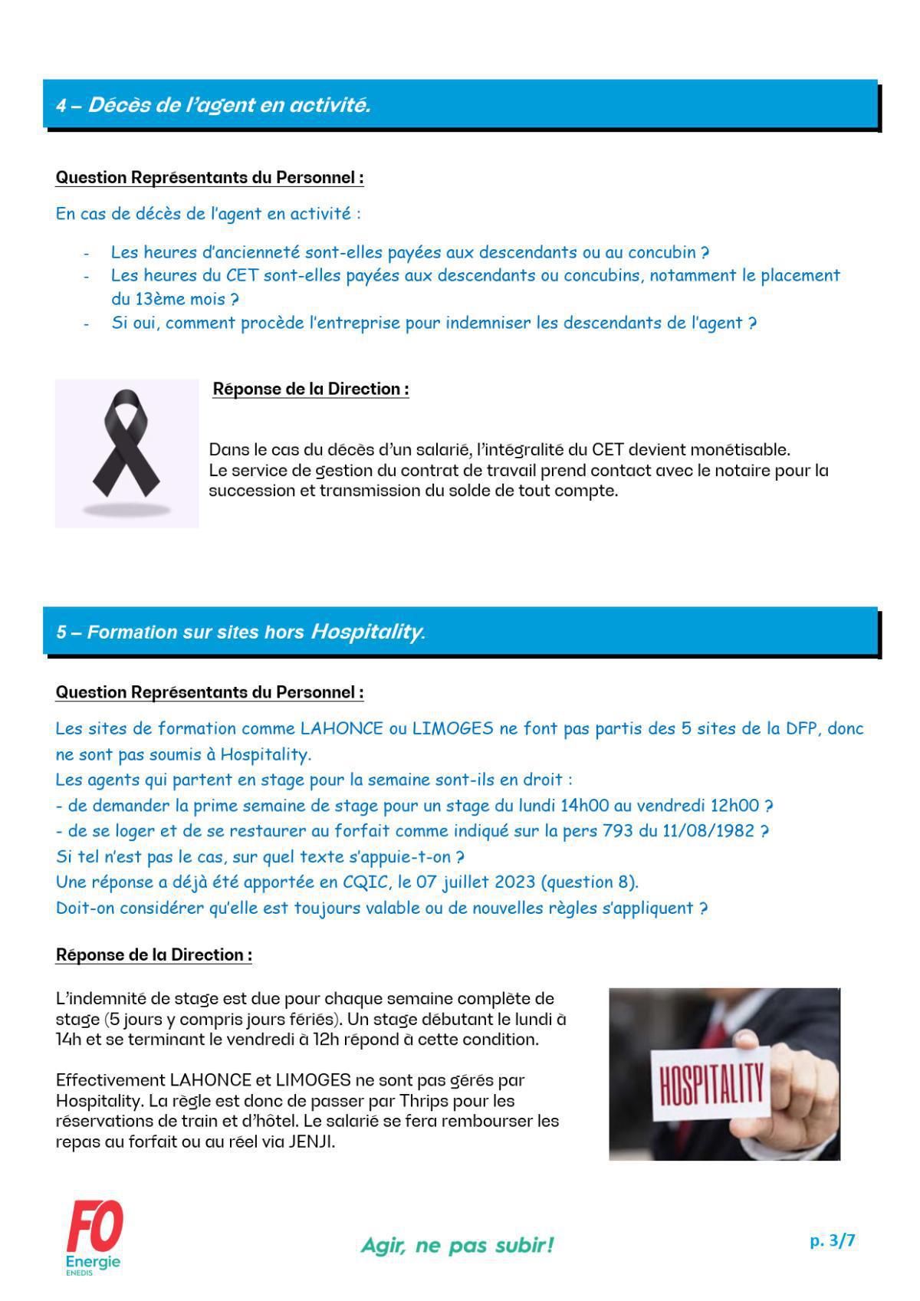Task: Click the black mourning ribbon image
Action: click(x=127, y=452)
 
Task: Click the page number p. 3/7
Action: click(x=832, y=1240)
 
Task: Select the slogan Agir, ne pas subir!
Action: click(x=457, y=1244)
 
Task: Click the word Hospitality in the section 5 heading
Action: click(x=366, y=632)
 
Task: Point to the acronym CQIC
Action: click(x=367, y=882)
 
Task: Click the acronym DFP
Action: click(x=803, y=728)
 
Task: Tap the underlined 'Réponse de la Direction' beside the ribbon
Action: click(x=310, y=389)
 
